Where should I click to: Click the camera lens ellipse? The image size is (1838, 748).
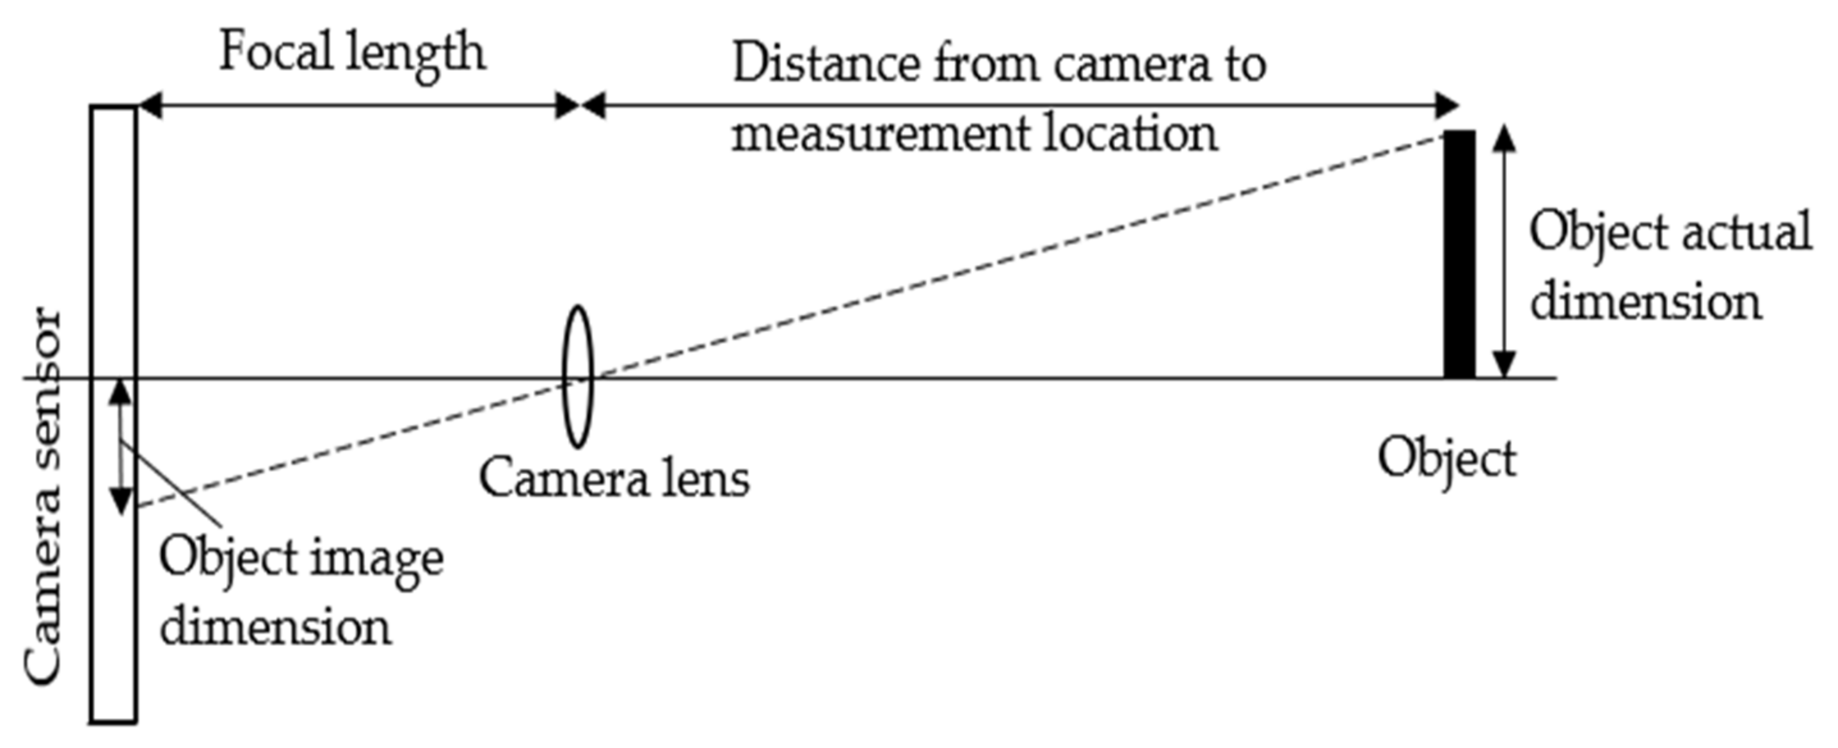pos(577,376)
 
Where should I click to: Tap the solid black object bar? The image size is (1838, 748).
pos(1459,254)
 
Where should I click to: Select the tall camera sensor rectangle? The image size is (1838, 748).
pos(113,571)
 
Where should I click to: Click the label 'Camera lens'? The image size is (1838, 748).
pos(614,479)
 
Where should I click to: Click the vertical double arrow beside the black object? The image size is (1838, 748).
pos(1504,251)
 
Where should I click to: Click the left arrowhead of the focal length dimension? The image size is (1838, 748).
pos(149,106)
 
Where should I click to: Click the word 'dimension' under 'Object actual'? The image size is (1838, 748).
pos(1645,302)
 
